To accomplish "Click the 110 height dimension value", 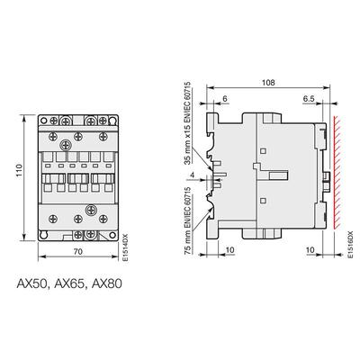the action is (x=20, y=170).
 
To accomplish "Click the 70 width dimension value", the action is (x=78, y=251).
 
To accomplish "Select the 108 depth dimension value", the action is (x=268, y=83).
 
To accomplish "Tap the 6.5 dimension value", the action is (x=309, y=99).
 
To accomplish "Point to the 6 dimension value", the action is (x=225, y=99).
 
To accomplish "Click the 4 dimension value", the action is (x=193, y=175).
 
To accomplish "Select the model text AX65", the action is (x=69, y=283).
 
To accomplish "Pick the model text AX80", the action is (x=107, y=283).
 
